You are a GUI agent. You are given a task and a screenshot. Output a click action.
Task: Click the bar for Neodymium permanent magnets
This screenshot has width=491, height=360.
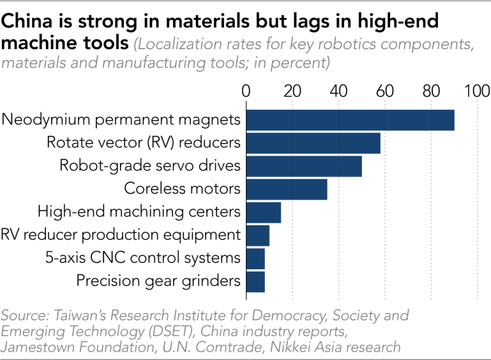tap(351, 120)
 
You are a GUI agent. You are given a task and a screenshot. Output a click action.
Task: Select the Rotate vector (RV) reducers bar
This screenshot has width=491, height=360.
tap(313, 143)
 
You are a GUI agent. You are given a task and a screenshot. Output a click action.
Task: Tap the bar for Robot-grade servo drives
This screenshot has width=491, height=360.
tap(304, 166)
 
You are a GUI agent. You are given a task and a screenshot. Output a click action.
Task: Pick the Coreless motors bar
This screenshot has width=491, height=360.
tap(287, 190)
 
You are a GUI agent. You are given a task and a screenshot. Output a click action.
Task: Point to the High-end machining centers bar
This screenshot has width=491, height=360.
tap(264, 213)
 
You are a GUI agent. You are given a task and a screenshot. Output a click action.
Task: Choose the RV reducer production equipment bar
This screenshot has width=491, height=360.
tap(258, 236)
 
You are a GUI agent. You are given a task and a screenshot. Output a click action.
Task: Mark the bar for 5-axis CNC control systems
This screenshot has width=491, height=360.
tap(255, 259)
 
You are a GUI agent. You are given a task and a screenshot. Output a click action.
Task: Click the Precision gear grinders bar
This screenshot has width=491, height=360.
tap(255, 281)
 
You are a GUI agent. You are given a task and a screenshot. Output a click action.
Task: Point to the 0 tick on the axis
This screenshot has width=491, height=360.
tap(246, 91)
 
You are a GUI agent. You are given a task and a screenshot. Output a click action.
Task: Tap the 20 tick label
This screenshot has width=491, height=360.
tap(292, 91)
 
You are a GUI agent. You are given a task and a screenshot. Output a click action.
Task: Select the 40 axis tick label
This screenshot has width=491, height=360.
tap(338, 91)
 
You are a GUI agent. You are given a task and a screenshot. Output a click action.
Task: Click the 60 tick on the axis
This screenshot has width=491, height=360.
tap(385, 91)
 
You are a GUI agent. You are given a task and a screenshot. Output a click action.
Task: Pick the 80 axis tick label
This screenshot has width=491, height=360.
tap(431, 91)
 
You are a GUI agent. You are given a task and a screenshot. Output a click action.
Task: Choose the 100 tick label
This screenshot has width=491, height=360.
tap(477, 91)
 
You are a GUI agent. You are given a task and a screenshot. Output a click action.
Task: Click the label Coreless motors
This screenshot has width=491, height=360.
tap(182, 189)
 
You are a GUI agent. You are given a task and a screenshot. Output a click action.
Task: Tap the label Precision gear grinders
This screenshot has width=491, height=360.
tap(158, 281)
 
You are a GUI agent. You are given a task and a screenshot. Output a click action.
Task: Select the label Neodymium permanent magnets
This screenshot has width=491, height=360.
tap(121, 120)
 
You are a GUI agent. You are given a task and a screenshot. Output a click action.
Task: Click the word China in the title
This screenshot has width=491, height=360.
tap(27, 21)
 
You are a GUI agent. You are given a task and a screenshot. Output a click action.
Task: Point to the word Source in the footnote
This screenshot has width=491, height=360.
tap(25, 315)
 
